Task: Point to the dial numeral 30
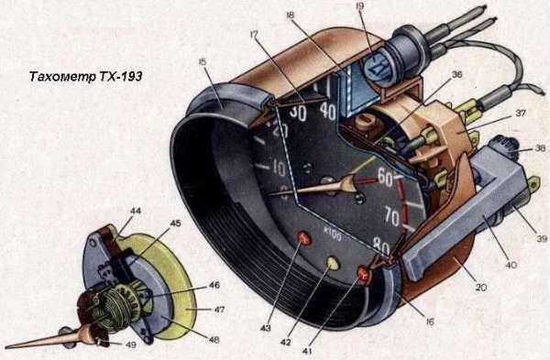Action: (297, 113)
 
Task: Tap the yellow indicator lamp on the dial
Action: (333, 263)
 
